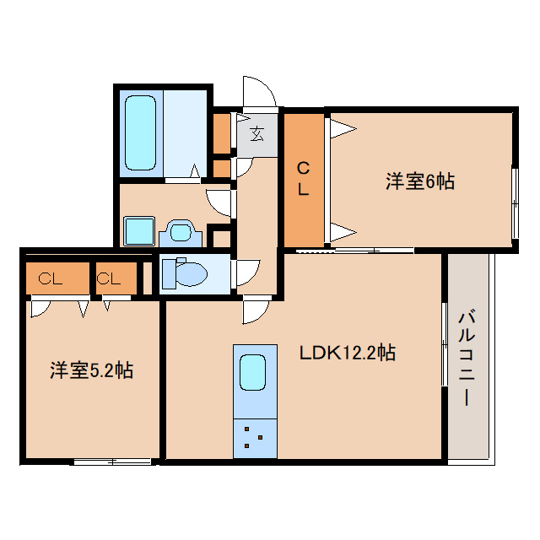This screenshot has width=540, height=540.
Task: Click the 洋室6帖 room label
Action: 420,181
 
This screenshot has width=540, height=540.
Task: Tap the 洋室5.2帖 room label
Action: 92,370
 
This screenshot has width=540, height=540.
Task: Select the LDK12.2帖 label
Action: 347,353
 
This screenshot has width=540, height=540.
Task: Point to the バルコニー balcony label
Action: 467,358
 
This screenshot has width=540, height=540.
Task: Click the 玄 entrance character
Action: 256,134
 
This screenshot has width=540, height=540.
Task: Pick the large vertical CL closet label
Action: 303,179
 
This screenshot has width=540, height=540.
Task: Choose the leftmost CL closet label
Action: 51,278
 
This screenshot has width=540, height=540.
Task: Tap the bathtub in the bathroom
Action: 140,132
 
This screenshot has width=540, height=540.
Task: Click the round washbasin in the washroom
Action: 181,233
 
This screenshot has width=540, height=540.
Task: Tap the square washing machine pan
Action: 139,230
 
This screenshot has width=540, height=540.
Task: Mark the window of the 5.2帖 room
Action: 112,462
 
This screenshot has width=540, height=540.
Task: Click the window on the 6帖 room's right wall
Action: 515,203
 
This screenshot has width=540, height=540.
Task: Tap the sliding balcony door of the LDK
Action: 445,343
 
